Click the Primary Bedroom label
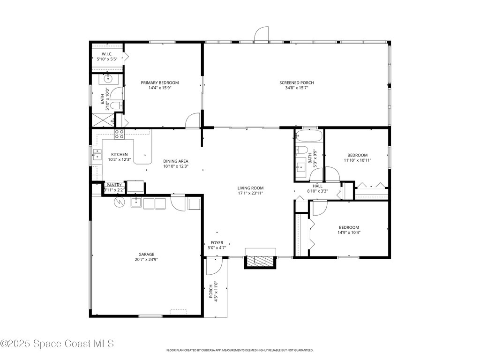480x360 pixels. click(160, 82)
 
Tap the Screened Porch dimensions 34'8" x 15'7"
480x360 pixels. click(297, 88)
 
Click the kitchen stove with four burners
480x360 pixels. click(120, 135)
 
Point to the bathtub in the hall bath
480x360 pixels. click(309, 137)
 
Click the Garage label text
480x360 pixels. click(146, 254)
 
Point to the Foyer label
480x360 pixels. click(217, 242)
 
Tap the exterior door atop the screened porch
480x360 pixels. click(262, 35)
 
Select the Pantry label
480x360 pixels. click(114, 185)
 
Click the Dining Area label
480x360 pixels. click(176, 161)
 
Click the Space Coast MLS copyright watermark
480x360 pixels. click(57, 344)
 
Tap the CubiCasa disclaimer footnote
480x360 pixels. click(240, 350)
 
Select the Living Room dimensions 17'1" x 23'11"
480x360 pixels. click(250, 193)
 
